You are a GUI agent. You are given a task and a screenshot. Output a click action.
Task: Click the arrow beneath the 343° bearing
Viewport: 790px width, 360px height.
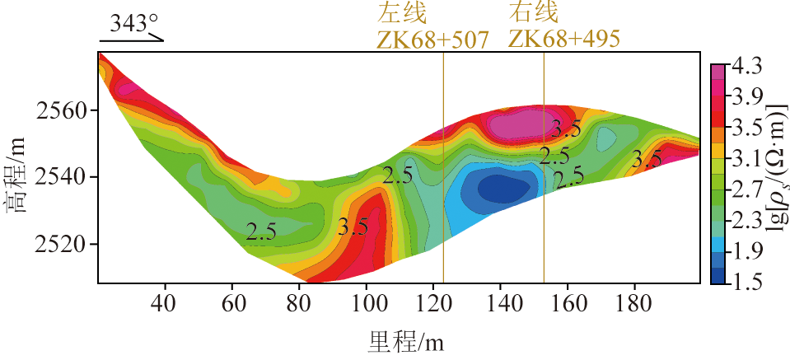(133, 39)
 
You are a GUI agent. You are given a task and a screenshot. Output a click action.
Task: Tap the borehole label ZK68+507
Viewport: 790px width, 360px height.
(433, 39)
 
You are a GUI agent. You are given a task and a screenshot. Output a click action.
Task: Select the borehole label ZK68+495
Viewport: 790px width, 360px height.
(564, 39)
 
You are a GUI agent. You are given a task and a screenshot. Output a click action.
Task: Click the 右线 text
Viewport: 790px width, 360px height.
(534, 13)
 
